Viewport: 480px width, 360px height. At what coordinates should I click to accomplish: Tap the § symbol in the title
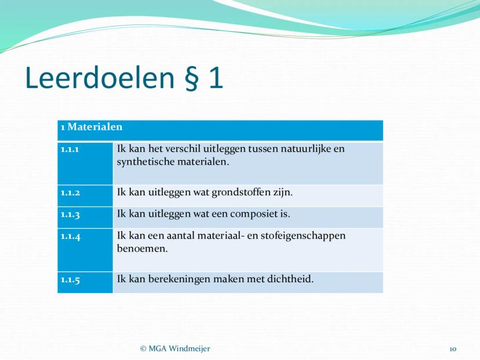(192, 79)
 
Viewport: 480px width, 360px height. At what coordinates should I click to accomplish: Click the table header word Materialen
(95, 127)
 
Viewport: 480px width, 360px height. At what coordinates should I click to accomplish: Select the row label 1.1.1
(70, 150)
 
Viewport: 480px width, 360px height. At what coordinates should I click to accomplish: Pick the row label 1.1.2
(70, 193)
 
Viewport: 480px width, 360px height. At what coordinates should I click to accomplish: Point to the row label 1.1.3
(70, 214)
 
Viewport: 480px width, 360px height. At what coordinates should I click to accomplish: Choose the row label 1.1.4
(70, 237)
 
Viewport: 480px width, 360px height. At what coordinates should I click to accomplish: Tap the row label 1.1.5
(70, 280)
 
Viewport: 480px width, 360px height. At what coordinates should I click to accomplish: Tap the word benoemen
(143, 249)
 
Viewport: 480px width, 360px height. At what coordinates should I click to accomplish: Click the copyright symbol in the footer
(143, 348)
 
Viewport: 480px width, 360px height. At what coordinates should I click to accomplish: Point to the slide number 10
(453, 350)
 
